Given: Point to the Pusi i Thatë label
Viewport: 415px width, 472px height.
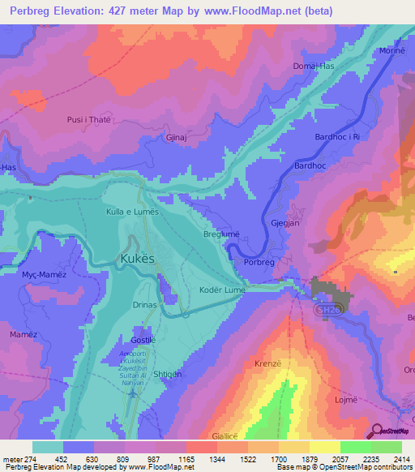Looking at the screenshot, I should (88, 120).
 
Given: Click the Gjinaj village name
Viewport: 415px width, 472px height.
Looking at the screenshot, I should (178, 139).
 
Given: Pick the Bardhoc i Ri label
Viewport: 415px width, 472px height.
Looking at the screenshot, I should (337, 137).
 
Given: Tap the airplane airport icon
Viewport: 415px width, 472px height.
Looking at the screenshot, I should (134, 393).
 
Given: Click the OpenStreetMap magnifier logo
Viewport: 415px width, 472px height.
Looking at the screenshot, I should (378, 431).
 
